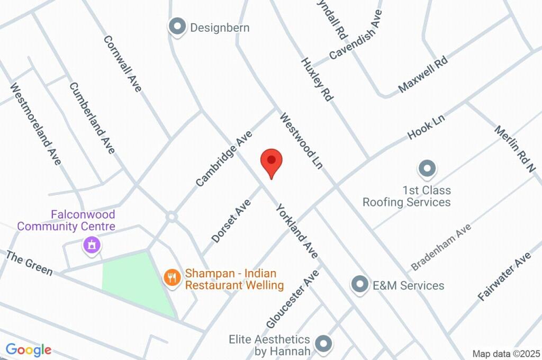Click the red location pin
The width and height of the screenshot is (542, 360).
point(272,162)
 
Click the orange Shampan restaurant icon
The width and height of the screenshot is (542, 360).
point(171,277)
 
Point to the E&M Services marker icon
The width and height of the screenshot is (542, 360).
point(360,285)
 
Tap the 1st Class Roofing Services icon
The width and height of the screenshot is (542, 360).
point(427,169)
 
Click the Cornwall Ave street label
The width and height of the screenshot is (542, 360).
point(123,64)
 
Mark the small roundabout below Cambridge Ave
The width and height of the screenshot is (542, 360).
point(171,217)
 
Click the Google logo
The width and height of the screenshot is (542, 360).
point(29,349)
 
